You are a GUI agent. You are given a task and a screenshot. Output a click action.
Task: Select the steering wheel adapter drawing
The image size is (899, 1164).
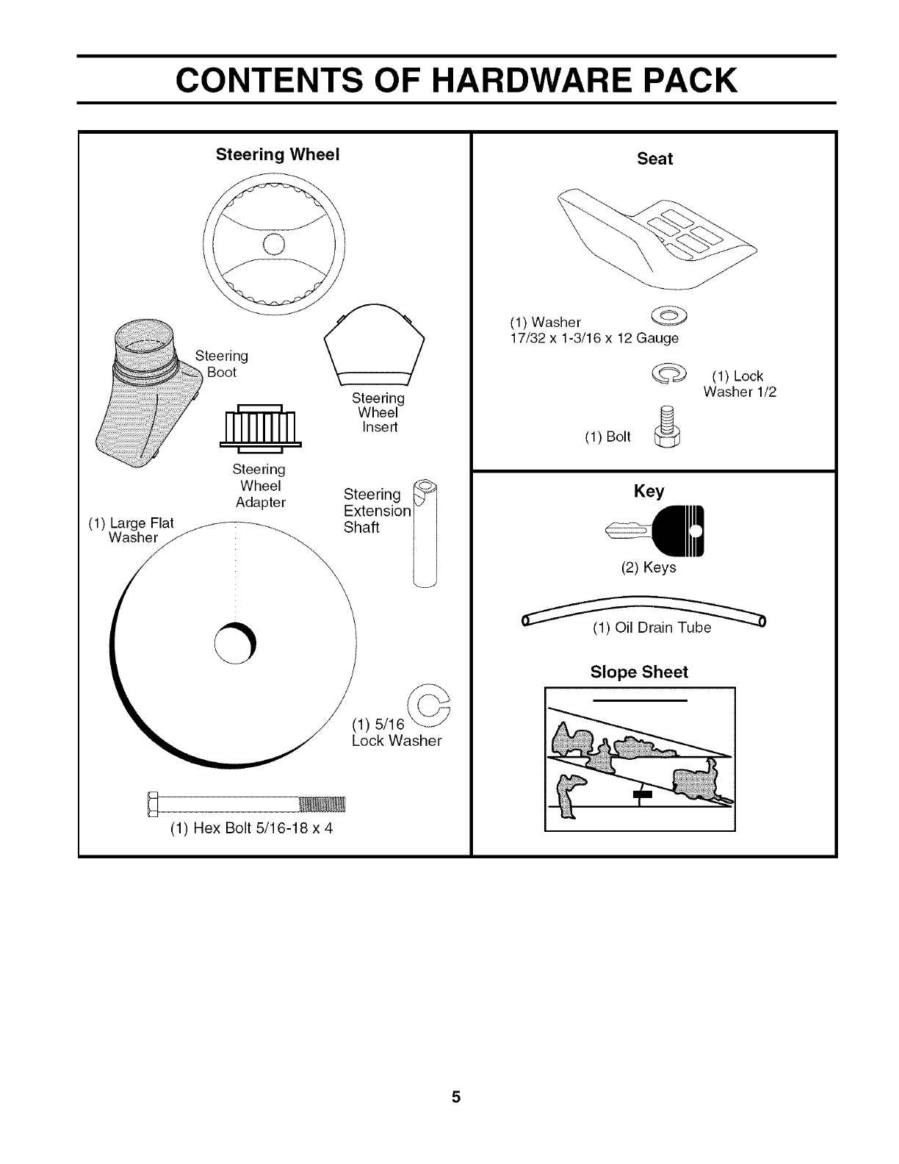pyautogui.click(x=261, y=428)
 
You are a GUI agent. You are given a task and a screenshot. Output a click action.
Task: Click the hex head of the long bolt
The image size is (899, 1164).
pyautogui.click(x=153, y=805)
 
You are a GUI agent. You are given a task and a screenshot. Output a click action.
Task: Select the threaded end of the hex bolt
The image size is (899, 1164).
pyautogui.click(x=323, y=805)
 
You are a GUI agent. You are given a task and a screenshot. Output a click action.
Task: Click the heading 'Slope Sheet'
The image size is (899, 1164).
pyautogui.click(x=639, y=672)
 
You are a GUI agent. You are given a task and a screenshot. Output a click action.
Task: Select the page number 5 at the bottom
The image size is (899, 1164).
pyautogui.click(x=456, y=1098)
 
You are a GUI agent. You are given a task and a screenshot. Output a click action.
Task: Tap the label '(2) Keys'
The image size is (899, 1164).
pyautogui.click(x=649, y=567)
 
